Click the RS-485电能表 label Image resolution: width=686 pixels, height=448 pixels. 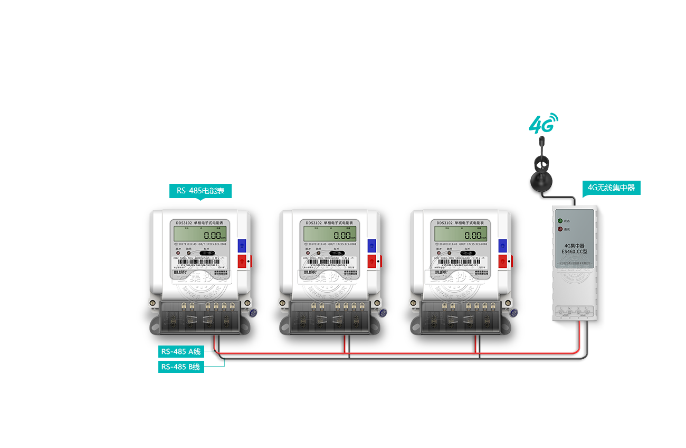(x=200, y=191)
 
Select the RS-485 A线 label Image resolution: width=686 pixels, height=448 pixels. (x=181, y=351)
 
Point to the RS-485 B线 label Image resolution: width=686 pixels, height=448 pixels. (x=180, y=367)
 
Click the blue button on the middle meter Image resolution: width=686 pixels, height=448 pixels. (x=372, y=245)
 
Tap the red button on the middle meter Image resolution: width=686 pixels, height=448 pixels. (x=372, y=261)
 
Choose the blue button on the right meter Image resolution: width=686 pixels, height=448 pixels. (x=502, y=245)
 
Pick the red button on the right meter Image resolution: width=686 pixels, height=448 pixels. (x=502, y=261)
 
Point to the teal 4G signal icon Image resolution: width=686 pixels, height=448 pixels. (x=544, y=123)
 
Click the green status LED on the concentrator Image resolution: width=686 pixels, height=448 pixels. (x=560, y=220)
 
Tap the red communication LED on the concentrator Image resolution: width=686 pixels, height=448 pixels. (x=560, y=229)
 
